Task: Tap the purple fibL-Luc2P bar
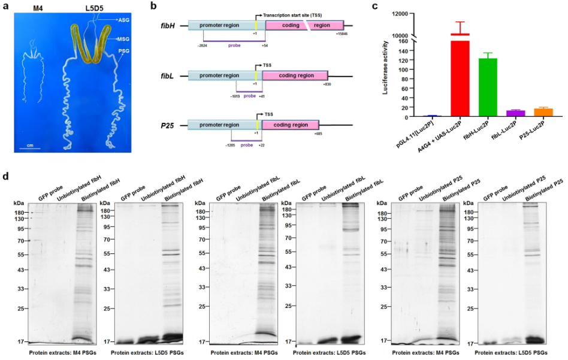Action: point(515,113)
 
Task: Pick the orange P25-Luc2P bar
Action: point(543,112)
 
